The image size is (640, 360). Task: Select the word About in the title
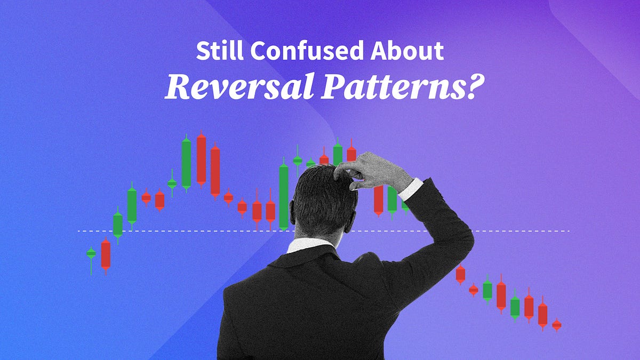[x=412, y=51]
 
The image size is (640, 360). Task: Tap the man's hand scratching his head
[x=373, y=171]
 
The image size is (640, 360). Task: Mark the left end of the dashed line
[x=79, y=231]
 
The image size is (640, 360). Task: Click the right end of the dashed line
[x=569, y=231]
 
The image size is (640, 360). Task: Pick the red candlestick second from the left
[x=106, y=255]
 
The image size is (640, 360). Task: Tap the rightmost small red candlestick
[x=557, y=324]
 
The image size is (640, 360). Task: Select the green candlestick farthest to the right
[x=515, y=307]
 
